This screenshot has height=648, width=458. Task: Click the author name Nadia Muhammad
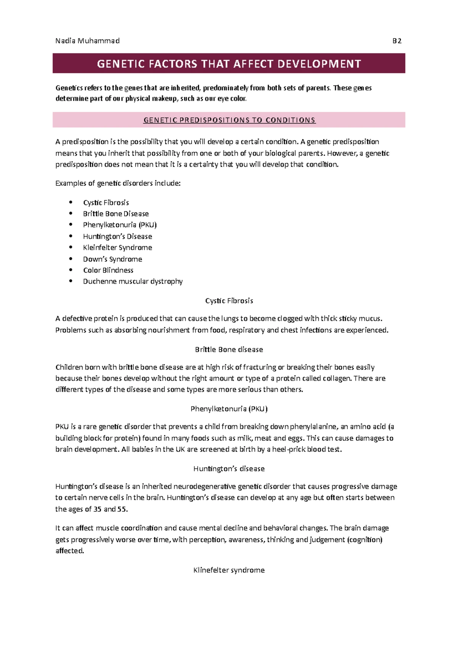pyautogui.click(x=87, y=41)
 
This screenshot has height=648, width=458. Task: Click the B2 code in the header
pyautogui.click(x=397, y=41)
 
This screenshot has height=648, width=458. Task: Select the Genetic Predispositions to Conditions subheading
pyautogui.click(x=229, y=120)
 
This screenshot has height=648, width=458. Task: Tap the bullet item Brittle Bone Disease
pyautogui.click(x=116, y=214)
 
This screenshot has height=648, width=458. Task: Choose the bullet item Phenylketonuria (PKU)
pyautogui.click(x=120, y=225)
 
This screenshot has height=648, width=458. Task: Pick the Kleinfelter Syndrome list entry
pyautogui.click(x=118, y=247)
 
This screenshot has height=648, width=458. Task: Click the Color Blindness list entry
pyautogui.click(x=108, y=270)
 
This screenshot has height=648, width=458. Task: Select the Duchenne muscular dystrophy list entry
pyautogui.click(x=133, y=281)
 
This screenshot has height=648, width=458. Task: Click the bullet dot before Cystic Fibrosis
pyautogui.click(x=71, y=202)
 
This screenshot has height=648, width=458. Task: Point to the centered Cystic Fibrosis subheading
pyautogui.click(x=229, y=301)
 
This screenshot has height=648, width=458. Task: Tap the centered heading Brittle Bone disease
pyautogui.click(x=229, y=350)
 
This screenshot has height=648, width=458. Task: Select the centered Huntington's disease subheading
pyautogui.click(x=229, y=469)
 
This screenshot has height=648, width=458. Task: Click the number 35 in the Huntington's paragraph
pyautogui.click(x=97, y=509)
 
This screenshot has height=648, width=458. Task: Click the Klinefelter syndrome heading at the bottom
pyautogui.click(x=229, y=570)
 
